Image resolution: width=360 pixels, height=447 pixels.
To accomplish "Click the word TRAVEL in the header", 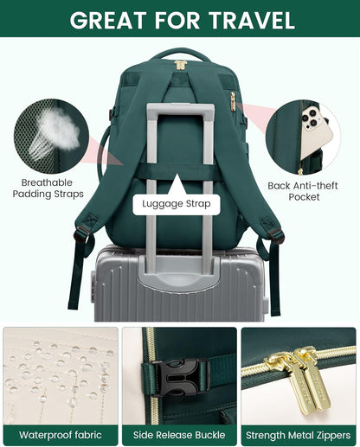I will (248, 20).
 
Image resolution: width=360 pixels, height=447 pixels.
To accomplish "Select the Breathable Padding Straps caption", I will (48, 188).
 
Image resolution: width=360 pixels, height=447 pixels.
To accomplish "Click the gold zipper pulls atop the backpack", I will (180, 65).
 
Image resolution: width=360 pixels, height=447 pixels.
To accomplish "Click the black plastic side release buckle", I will (184, 373).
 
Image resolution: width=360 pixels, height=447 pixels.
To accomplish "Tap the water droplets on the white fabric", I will (56, 372).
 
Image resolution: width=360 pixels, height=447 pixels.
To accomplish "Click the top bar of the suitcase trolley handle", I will (180, 109).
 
